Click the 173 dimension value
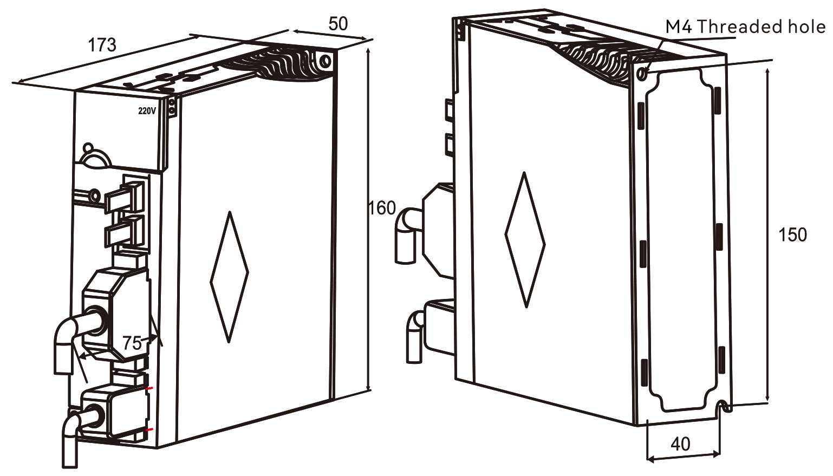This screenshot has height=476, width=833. click(x=102, y=45)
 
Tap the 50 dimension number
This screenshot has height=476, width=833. click(x=338, y=24)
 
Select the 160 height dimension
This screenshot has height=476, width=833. click(x=382, y=208)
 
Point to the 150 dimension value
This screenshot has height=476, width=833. click(x=792, y=235)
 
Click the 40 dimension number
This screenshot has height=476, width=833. click(x=680, y=444)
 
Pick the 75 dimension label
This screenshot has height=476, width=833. click(x=132, y=343)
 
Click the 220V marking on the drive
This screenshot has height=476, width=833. click(x=147, y=111)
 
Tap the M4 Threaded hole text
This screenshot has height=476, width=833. click(x=745, y=27)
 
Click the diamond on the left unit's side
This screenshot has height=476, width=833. click(x=230, y=277)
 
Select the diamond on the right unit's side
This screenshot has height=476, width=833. click(x=525, y=240)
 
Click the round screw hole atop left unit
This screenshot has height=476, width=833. click(x=324, y=61)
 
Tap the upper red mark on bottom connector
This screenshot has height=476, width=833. click(x=149, y=389)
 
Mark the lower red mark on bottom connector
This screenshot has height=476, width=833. click(x=149, y=430)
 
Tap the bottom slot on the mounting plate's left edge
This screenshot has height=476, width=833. click(x=644, y=373)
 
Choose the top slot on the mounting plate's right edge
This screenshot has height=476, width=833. click(x=717, y=100)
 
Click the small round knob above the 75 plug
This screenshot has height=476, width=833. click(x=88, y=148)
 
